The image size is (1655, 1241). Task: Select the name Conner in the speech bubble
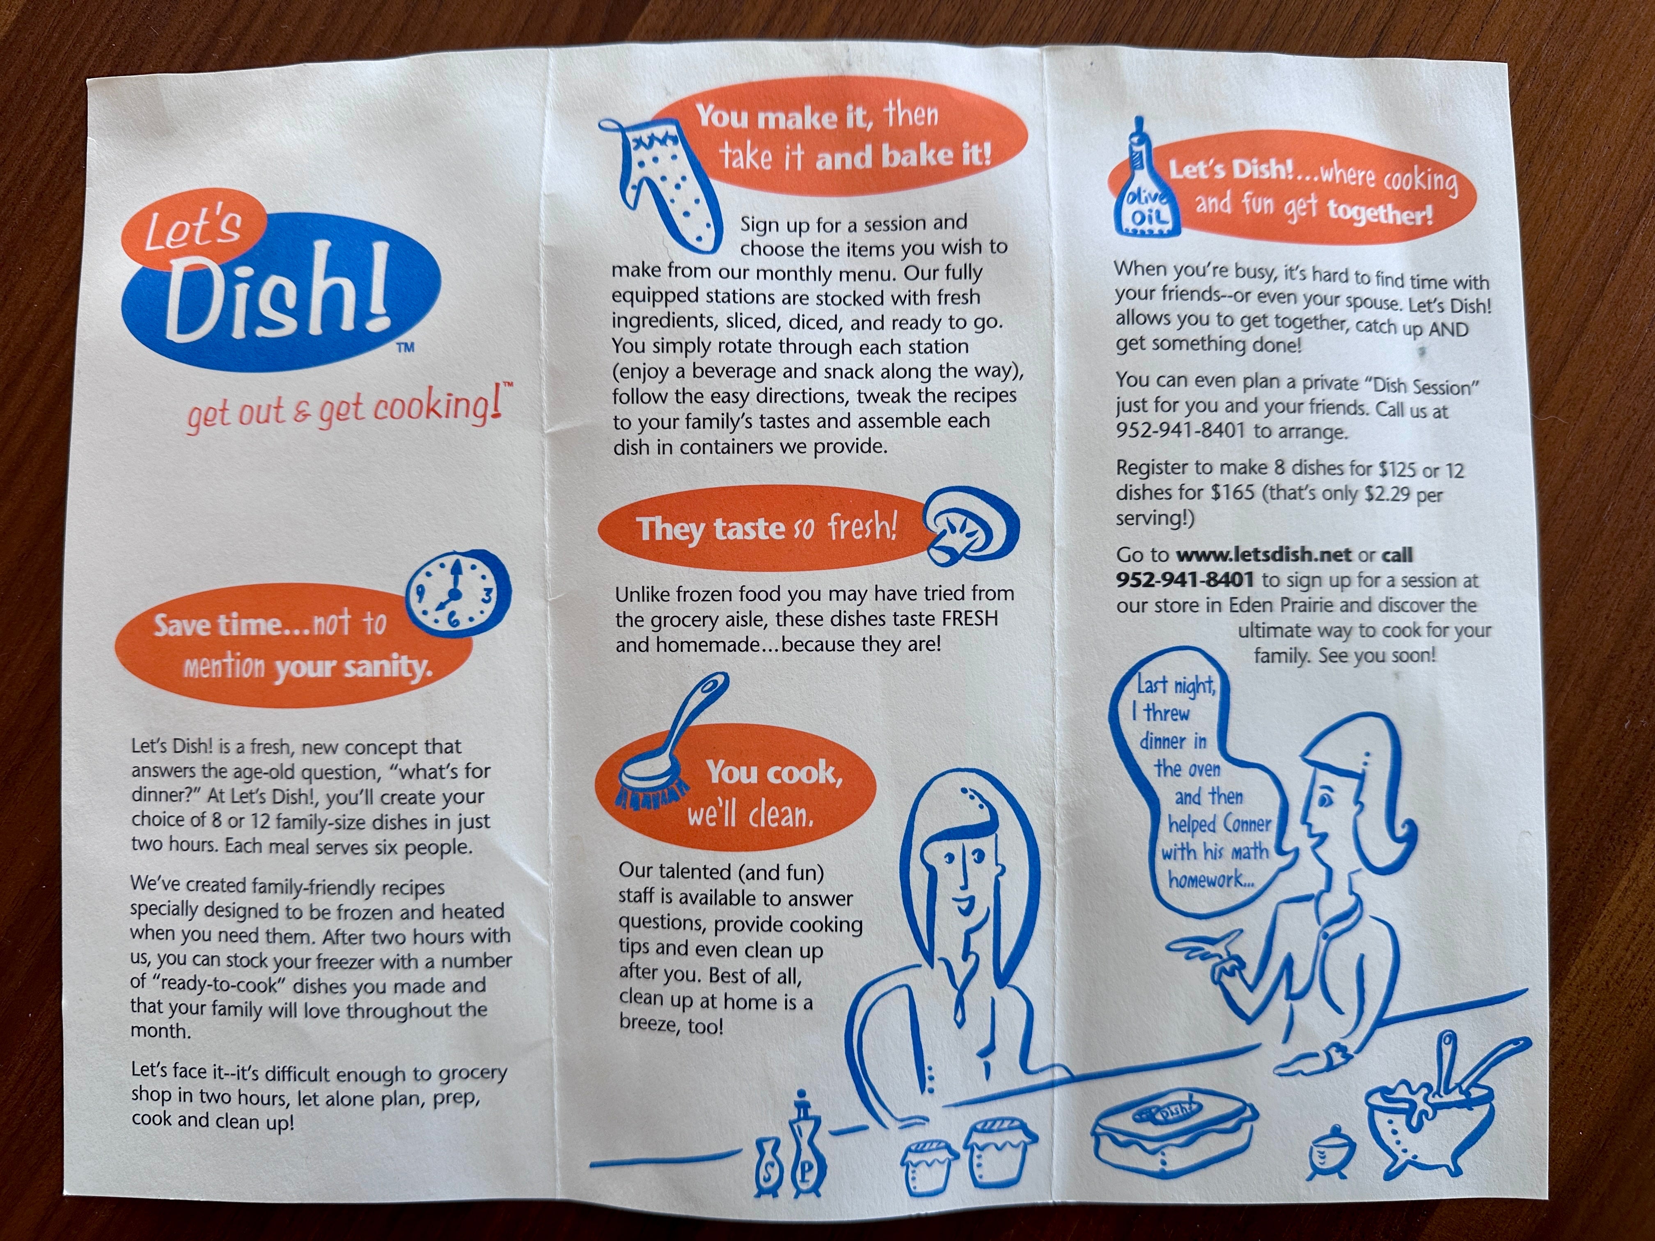tap(1247, 824)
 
